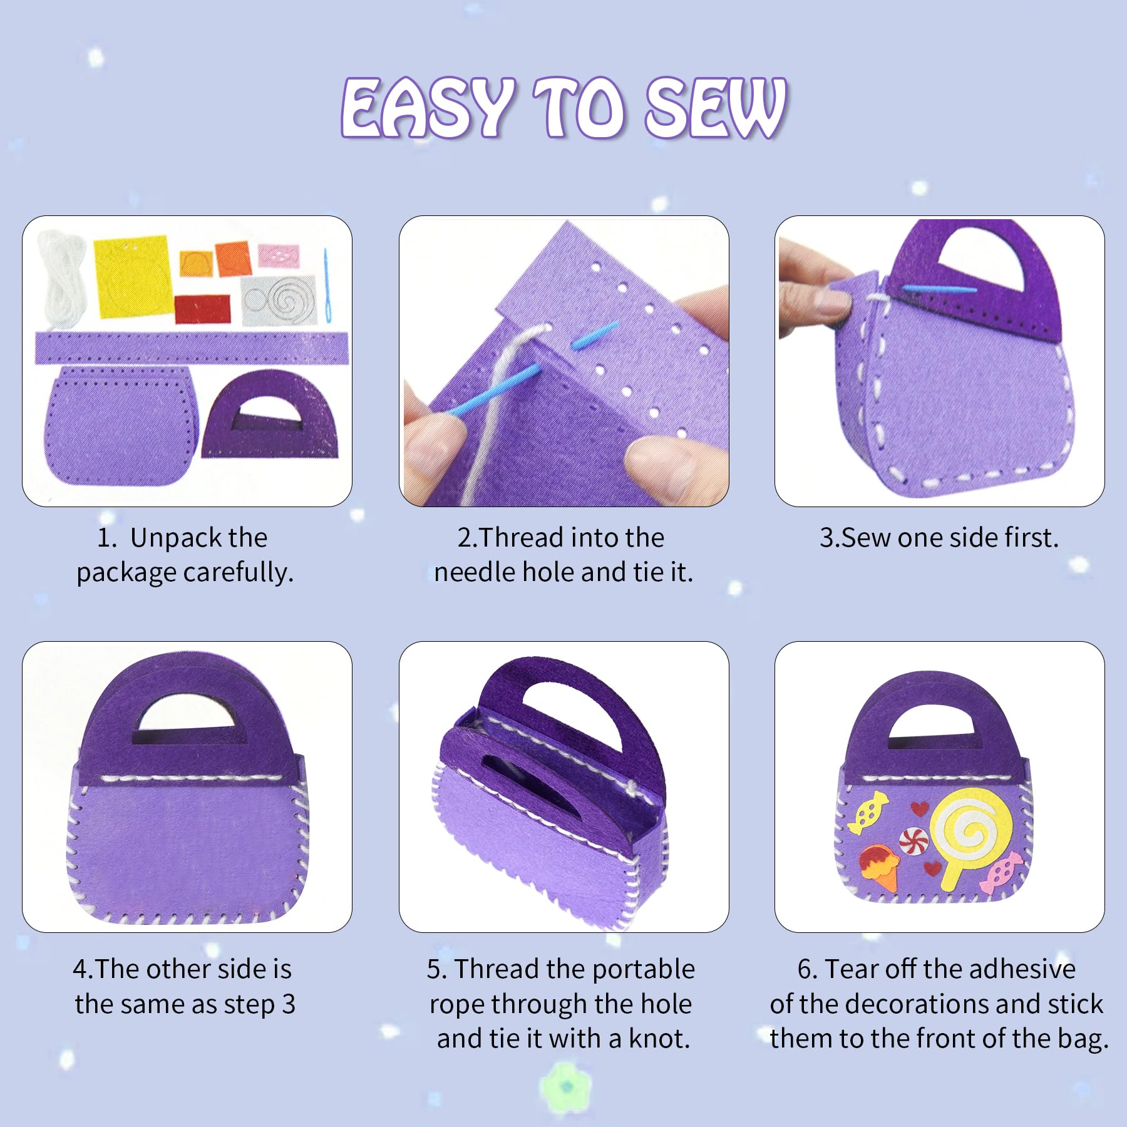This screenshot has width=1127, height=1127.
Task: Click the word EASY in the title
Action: pyautogui.click(x=426, y=107)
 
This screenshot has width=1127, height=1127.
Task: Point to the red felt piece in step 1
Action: pyautogui.click(x=202, y=309)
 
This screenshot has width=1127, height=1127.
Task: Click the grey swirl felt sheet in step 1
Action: pyautogui.click(x=279, y=300)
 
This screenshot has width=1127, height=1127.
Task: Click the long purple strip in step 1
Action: pyautogui.click(x=191, y=348)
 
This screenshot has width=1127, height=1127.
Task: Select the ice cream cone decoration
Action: pyautogui.click(x=879, y=868)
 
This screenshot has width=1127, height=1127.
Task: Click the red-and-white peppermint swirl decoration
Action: pyautogui.click(x=913, y=840)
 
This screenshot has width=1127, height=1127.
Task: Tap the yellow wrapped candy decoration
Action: pyautogui.click(x=868, y=812)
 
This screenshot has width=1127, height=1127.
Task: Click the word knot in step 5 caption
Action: pyautogui.click(x=659, y=1038)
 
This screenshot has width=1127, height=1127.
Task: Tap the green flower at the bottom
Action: pyautogui.click(x=567, y=1086)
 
